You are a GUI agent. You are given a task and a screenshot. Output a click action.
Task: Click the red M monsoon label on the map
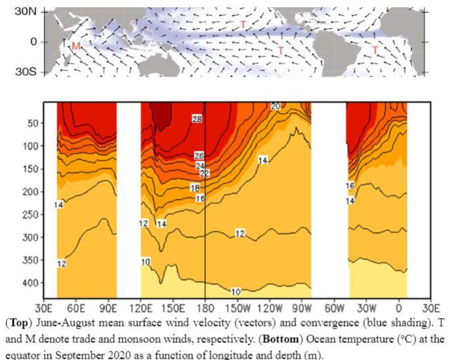(x=76, y=46)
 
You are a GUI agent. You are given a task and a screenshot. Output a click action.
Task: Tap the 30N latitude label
(x=27, y=12)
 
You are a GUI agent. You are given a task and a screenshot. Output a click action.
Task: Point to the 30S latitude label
(x=27, y=71)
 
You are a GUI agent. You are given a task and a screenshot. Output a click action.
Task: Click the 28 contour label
(x=197, y=119)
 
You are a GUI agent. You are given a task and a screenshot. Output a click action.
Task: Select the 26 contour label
(x=199, y=156)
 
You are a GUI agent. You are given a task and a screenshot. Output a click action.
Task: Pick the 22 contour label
(x=204, y=173)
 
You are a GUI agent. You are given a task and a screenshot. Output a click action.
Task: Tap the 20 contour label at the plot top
(x=276, y=106)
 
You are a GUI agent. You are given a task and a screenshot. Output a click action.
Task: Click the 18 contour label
(x=195, y=188)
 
